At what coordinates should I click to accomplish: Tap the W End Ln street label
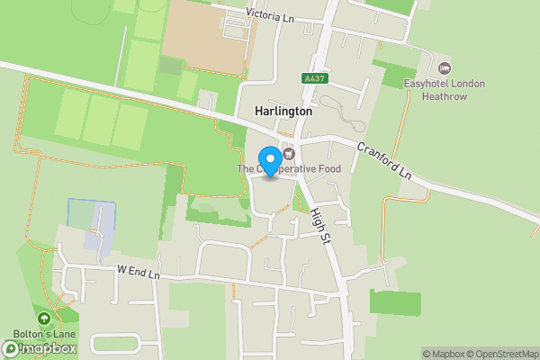pyautogui.click(x=138, y=270)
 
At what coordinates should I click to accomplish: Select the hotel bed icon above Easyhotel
pyautogui.click(x=443, y=68)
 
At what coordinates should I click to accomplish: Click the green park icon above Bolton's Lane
pyautogui.click(x=43, y=318)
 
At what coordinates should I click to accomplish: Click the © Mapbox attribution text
pyautogui.click(x=444, y=354)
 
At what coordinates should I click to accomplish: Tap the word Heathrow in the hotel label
pyautogui.click(x=444, y=97)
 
